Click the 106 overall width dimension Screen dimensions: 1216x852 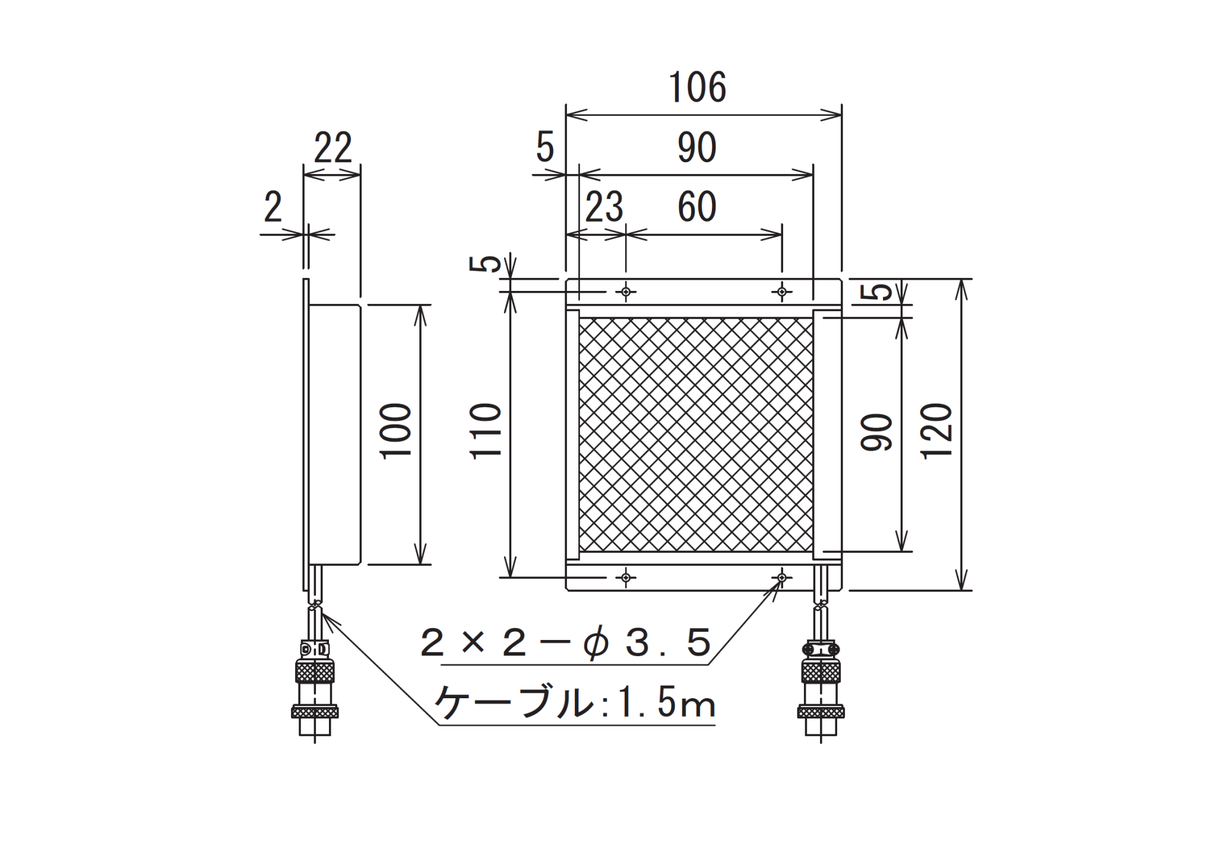pos(697,87)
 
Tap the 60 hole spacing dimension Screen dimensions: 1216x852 pos(697,207)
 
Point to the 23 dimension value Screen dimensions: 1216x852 pos(604,207)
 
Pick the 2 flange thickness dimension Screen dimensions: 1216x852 pos(273,207)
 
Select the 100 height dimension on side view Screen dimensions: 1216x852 pos(396,431)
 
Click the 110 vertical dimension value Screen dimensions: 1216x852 pos(486,431)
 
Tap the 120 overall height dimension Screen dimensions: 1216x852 pos(937,431)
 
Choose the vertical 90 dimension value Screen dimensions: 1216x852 pos(877,432)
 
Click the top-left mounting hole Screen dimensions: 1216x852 pos(626,292)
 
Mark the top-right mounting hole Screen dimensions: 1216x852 pos(782,292)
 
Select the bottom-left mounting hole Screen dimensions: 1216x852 pos(626,577)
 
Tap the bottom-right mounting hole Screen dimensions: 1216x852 pos(782,577)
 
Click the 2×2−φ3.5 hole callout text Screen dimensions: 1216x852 pos(566,644)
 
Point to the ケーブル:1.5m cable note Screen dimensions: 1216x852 pos(575,703)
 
